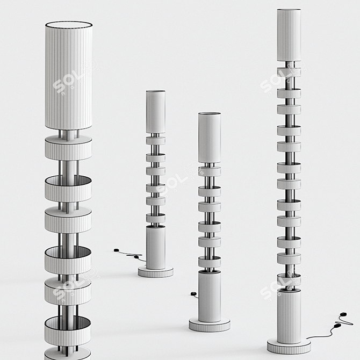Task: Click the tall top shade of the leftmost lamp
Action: point(68,78)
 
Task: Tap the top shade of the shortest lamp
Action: point(155,112)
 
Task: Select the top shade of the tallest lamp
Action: point(289,35)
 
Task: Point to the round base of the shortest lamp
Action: point(155,272)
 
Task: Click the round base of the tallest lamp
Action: point(289,345)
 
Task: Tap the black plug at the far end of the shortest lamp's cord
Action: point(116,250)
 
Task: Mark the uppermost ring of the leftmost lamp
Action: point(68,148)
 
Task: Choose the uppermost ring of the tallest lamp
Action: point(289,73)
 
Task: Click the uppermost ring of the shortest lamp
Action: point(155,140)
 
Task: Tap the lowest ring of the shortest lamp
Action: point(155,218)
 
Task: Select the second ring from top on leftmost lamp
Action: point(68,188)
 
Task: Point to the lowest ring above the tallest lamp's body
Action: point(289,279)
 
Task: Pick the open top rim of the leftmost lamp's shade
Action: point(68,24)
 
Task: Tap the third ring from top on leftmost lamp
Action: point(68,220)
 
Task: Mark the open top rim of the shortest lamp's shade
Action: point(155,92)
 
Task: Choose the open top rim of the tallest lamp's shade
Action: point(289,10)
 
